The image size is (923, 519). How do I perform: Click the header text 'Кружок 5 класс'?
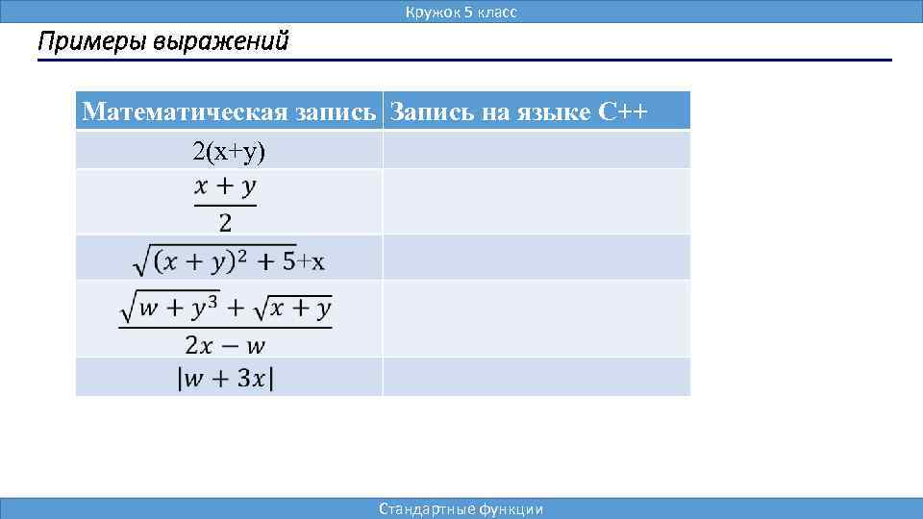coord(461,12)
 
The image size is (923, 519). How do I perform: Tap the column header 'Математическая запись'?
coord(229,111)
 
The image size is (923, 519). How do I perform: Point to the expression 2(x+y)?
coord(229,150)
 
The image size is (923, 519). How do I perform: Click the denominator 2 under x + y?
coord(225,223)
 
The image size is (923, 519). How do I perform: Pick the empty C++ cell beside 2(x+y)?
coord(536,150)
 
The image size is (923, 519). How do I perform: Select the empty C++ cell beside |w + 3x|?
coord(536,377)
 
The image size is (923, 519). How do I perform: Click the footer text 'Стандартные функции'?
coord(461,508)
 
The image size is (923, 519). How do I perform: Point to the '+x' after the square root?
coord(311,261)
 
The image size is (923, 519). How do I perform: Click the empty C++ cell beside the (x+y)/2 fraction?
coord(536,202)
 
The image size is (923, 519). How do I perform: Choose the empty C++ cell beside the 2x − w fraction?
coord(536,318)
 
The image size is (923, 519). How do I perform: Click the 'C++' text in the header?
coord(623,111)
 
